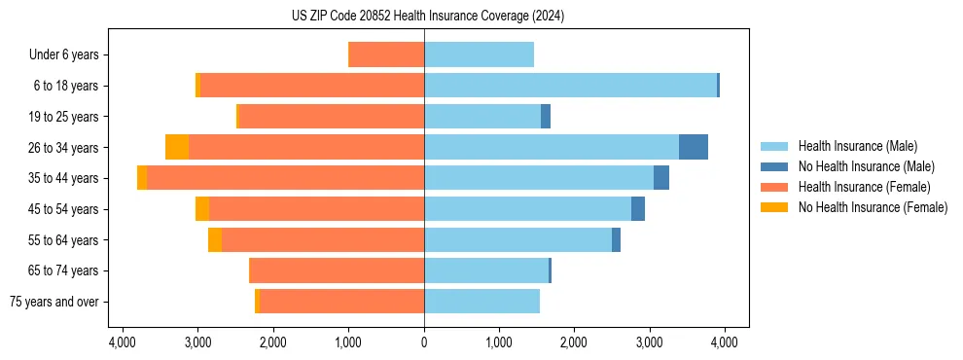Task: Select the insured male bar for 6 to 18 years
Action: coord(570,86)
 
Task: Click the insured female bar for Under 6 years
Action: coord(386,54)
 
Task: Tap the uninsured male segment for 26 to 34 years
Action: coord(693,147)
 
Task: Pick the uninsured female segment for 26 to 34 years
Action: coord(177,147)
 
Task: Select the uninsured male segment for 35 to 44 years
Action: coord(661,178)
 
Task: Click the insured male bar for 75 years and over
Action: coord(481,302)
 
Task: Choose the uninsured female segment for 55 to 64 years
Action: coord(215,240)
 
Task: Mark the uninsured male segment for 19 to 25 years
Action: coord(546,117)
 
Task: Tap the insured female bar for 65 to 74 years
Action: coord(337,270)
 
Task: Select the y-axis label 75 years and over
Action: coord(54,303)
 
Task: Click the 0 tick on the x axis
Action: coord(424,342)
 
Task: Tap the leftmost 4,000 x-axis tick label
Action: coord(123,342)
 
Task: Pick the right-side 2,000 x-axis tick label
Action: coord(574,342)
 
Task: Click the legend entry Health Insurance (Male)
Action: coord(852,146)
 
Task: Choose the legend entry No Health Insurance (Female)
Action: coord(873,207)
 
